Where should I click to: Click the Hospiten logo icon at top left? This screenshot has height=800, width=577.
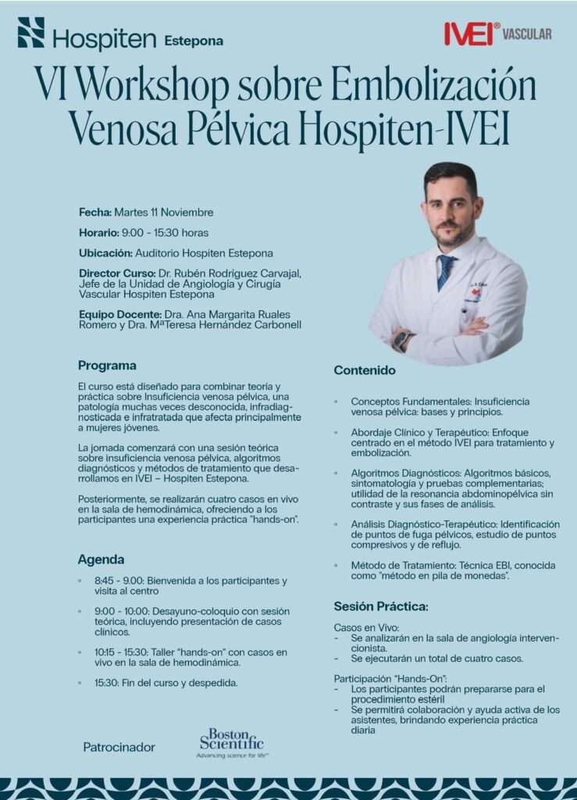click(x=31, y=33)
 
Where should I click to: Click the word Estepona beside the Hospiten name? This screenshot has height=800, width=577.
click(x=194, y=40)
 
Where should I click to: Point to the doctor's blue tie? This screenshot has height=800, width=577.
click(x=446, y=270)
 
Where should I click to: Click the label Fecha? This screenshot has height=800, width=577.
click(x=95, y=212)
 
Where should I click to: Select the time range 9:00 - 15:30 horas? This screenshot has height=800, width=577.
click(x=164, y=233)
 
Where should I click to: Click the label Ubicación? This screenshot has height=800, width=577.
click(x=105, y=253)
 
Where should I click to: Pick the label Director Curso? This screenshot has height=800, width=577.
click(x=117, y=273)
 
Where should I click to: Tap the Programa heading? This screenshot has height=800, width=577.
click(x=107, y=365)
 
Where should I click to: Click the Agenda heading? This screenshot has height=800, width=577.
click(x=101, y=559)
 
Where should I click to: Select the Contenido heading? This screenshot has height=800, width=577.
click(x=365, y=370)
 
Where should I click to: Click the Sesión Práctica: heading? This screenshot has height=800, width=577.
click(x=380, y=606)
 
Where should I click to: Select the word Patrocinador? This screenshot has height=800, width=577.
click(x=119, y=748)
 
